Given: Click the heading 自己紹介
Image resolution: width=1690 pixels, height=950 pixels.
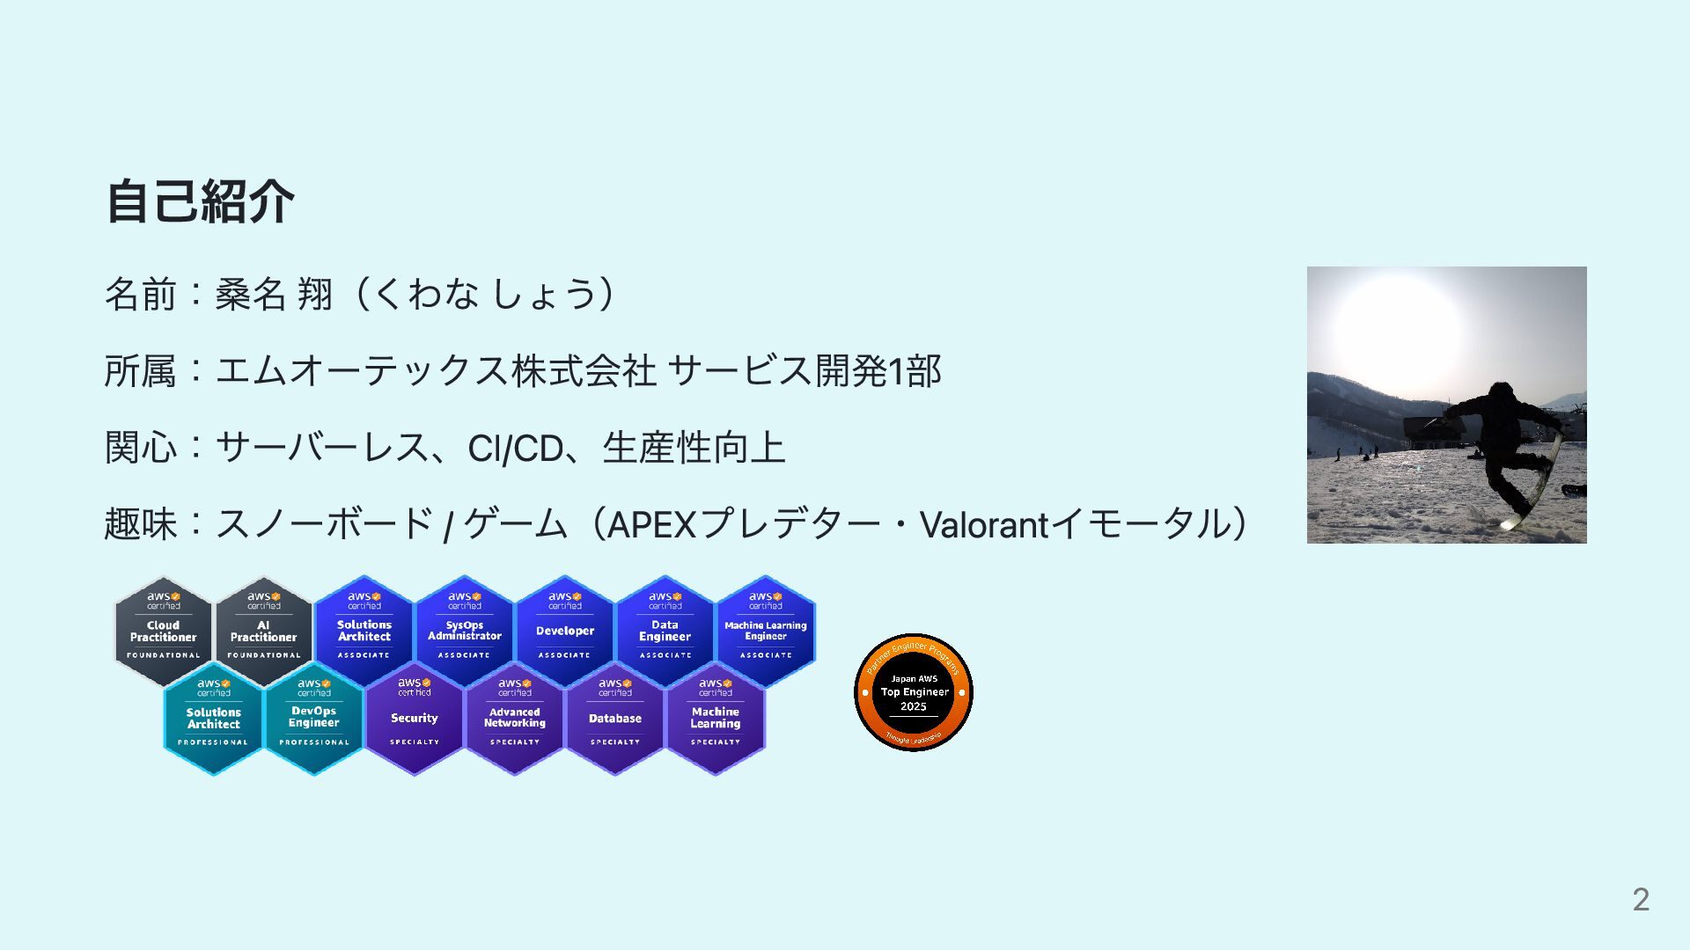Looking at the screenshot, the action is coord(200,201).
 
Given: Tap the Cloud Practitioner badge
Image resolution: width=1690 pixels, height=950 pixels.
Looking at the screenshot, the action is coord(164,631).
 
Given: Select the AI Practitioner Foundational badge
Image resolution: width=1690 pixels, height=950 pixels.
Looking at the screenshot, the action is coord(263,631).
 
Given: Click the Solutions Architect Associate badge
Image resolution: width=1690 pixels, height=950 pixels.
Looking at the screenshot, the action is coord(364,631).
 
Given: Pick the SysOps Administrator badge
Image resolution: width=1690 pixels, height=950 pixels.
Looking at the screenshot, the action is coord(464,631).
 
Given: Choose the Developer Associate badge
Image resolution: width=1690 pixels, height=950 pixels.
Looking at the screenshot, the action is coord(564,631).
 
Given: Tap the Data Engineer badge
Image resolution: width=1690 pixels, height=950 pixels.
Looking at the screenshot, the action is coord(665,631).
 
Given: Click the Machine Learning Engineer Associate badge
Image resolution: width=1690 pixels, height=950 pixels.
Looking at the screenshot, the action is coord(765,631).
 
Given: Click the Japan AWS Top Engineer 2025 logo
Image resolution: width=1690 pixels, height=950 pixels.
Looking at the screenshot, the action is coord(914,692).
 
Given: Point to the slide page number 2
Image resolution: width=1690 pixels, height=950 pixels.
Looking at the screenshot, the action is coord(1641,899).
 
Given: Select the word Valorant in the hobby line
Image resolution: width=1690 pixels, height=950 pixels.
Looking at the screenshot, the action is coord(983,525).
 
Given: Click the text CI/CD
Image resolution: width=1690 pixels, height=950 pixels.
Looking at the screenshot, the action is coord(515,449).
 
